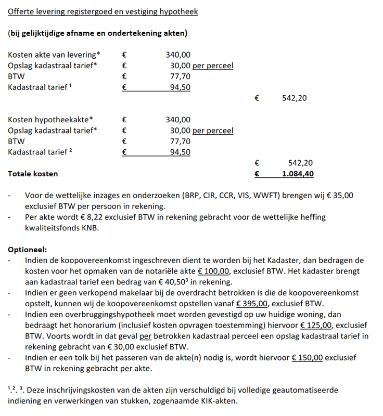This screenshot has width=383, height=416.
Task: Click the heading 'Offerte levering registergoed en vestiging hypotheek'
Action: pos(103,11)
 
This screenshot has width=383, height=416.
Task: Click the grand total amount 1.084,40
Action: pos(298,174)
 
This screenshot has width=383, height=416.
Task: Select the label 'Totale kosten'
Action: pos(33,174)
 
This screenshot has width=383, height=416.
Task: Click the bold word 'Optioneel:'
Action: pos(28,249)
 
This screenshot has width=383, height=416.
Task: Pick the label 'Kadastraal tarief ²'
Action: pos(40,152)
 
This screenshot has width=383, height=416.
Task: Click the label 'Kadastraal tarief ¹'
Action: pos(40,87)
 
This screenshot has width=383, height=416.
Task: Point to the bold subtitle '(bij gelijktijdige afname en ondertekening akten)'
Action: pos(97,33)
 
